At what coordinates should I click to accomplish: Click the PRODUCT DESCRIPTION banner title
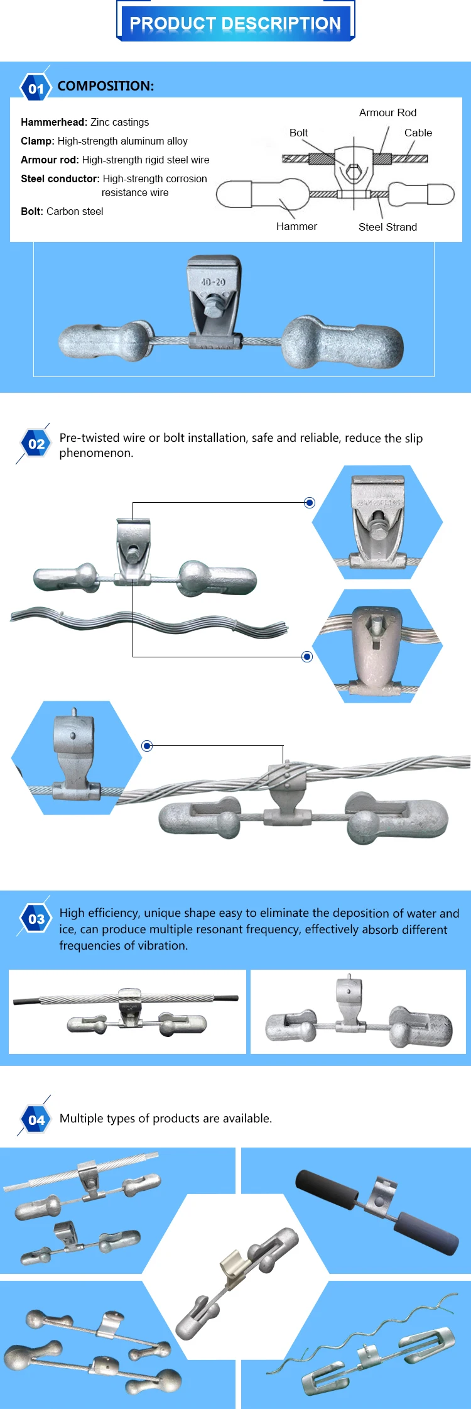click(235, 23)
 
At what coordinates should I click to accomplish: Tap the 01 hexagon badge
click(36, 89)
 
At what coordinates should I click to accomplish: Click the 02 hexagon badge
click(36, 444)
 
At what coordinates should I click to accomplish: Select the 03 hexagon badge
click(36, 919)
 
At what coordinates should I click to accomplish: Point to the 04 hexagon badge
click(36, 1119)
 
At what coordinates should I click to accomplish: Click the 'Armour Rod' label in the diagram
click(387, 112)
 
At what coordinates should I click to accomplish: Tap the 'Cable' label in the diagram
click(418, 133)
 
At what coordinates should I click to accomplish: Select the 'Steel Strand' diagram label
click(387, 227)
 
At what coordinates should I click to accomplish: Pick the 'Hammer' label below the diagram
click(296, 226)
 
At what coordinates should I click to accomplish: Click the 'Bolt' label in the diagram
click(298, 133)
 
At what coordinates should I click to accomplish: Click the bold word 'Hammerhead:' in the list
click(54, 122)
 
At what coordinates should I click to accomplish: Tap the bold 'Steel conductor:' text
click(60, 178)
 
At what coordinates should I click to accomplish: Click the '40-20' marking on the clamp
click(213, 282)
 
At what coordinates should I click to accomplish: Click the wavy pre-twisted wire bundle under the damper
click(149, 620)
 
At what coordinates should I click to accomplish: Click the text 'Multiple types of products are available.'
click(166, 1119)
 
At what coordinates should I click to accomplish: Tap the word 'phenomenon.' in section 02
click(96, 453)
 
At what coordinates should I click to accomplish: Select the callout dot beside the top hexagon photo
click(309, 503)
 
